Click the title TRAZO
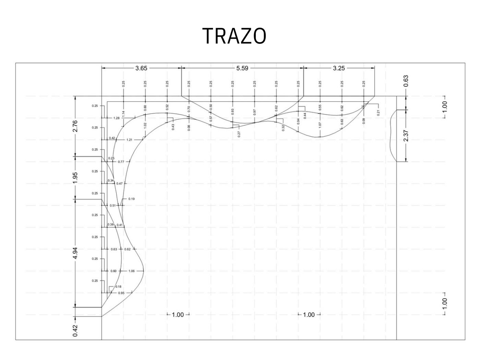(x=235, y=36)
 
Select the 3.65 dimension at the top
(x=141, y=68)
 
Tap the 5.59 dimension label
(x=242, y=68)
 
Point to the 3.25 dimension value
(x=339, y=68)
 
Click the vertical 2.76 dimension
(x=75, y=126)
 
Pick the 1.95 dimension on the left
(x=75, y=177)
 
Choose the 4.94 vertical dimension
(x=75, y=253)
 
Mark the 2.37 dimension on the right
(x=406, y=135)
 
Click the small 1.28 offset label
(x=116, y=118)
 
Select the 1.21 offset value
(x=129, y=140)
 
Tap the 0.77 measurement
(x=121, y=162)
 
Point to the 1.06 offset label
(x=131, y=271)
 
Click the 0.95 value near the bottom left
(x=121, y=293)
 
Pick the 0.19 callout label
(x=131, y=199)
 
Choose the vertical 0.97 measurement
(x=254, y=112)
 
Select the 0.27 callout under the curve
(x=239, y=134)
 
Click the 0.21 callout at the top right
(x=378, y=113)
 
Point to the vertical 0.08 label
(x=189, y=128)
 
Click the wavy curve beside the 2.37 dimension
(x=392, y=137)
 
